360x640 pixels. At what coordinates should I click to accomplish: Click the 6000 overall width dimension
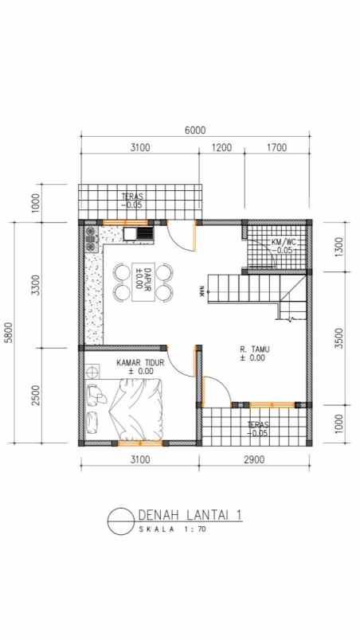click(195, 131)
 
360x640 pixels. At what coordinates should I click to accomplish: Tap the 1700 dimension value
click(277, 147)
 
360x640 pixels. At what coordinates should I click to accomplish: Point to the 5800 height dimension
click(9, 332)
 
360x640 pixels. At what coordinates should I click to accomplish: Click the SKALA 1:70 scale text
click(172, 529)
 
